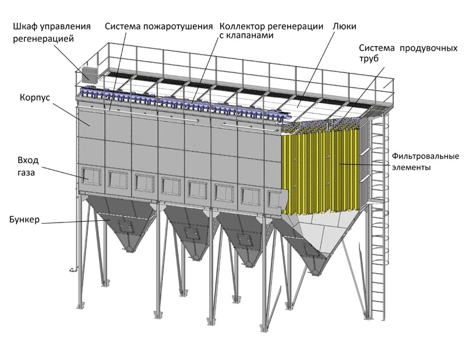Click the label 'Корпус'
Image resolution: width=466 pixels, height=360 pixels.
(x=35, y=98)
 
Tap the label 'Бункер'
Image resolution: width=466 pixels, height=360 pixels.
(x=24, y=220)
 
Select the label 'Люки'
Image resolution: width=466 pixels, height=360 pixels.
(x=344, y=26)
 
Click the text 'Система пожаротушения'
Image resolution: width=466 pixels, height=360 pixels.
(x=158, y=26)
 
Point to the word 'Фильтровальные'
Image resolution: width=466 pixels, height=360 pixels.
(x=425, y=156)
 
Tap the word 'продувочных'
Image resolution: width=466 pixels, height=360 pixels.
(x=428, y=48)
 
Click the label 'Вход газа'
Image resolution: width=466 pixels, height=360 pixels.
(x=28, y=167)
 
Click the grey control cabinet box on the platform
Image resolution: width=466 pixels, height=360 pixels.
(x=89, y=74)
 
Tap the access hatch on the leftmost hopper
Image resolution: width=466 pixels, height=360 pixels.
(x=126, y=226)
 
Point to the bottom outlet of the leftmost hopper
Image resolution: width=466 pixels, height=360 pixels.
(x=129, y=249)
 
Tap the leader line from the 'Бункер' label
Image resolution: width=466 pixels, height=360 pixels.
(x=76, y=221)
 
